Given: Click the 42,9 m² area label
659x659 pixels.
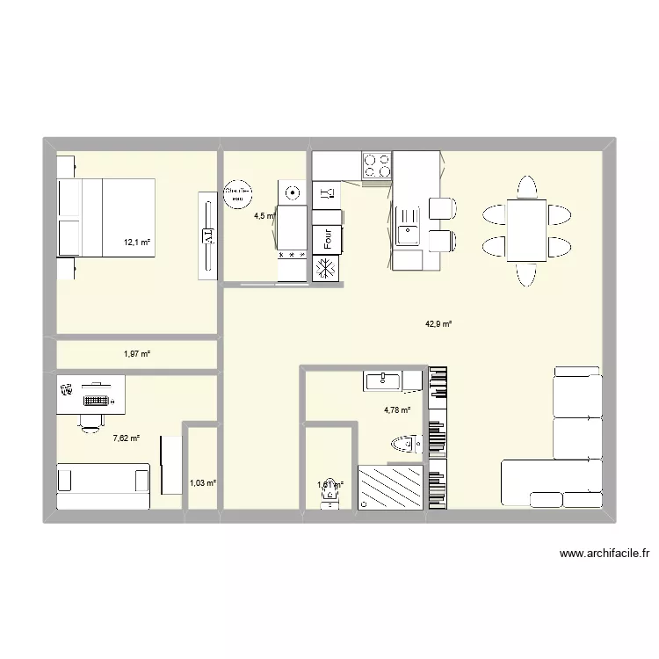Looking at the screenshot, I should pos(438,323).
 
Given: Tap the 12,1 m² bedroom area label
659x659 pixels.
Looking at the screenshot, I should pos(137,242).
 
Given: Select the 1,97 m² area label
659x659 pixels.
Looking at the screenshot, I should pos(136,353).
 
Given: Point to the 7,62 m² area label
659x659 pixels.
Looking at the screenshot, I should pos(127,437).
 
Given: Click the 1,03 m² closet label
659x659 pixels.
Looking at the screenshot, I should pos(202,482).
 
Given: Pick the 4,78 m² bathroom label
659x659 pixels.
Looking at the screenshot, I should pos(397,409).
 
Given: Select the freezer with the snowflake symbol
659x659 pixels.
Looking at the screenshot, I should pos(327,268).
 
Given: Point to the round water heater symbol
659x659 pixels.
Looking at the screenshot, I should pos(236,194).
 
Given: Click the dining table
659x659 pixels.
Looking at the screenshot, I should pos(527,229).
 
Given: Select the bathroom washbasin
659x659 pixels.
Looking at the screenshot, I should pos(383,380).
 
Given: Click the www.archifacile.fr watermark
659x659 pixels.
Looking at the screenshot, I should pos(603,554).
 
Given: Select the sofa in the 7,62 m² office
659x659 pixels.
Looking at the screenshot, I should pos(103,480).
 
